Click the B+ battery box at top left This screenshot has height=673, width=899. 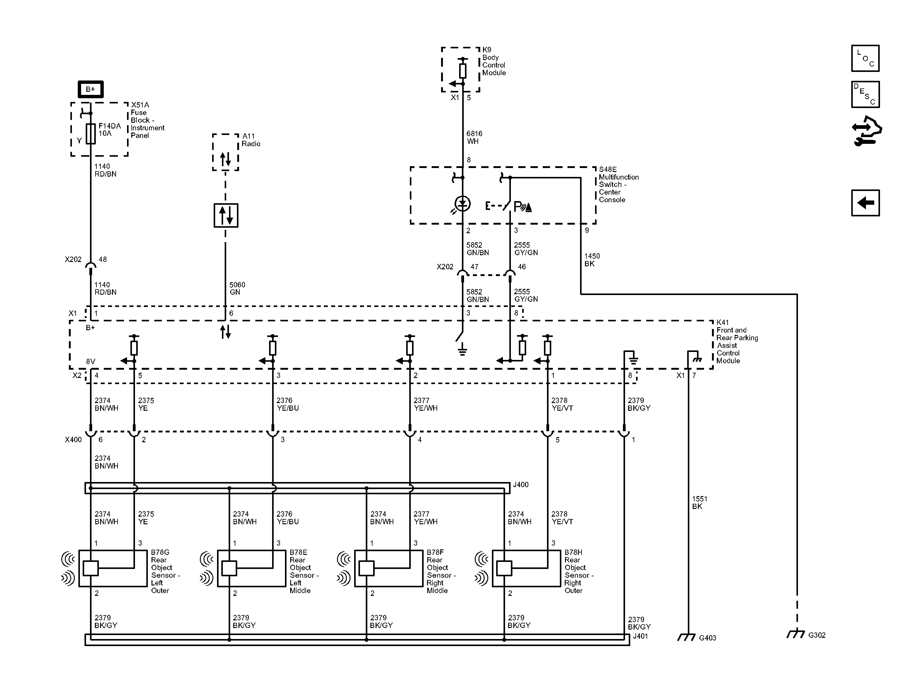(90, 89)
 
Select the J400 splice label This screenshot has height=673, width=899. (520, 485)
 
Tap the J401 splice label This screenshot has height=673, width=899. (640, 636)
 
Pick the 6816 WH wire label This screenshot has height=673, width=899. (474, 137)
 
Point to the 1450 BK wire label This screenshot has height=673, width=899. (592, 260)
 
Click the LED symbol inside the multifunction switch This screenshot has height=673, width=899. (463, 204)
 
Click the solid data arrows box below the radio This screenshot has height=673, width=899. (226, 215)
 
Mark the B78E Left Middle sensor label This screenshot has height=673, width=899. (304, 571)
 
